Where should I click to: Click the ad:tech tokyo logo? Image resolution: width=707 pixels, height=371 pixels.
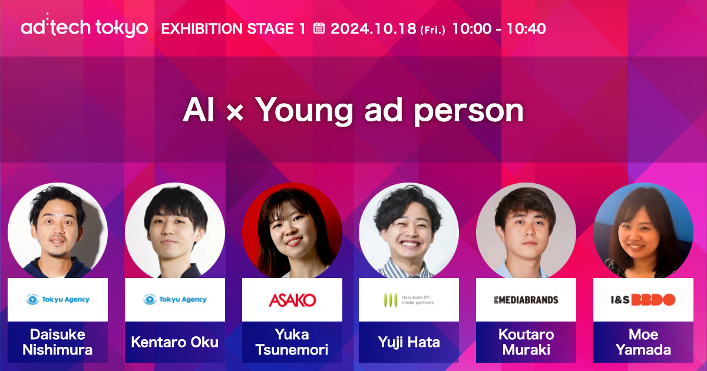click(x=84, y=28)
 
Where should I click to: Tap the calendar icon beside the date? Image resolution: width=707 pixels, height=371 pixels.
click(x=319, y=28)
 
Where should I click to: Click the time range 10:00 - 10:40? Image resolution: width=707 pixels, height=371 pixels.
click(x=498, y=28)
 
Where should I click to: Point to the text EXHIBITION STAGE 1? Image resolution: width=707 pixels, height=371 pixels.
click(x=233, y=28)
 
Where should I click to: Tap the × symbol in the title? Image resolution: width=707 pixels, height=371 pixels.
click(x=234, y=112)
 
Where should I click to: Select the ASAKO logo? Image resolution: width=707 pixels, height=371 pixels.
click(x=292, y=300)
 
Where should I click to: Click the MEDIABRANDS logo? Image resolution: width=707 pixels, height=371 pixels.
click(x=526, y=300)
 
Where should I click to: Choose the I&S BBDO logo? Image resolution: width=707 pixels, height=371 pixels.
click(x=643, y=300)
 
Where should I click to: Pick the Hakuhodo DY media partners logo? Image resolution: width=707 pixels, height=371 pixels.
click(x=409, y=300)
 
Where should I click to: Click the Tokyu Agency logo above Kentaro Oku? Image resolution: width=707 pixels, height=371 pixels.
click(x=175, y=300)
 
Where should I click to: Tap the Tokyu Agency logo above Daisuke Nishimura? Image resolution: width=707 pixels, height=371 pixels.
click(x=58, y=300)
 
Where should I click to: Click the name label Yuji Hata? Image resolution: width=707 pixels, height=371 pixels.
click(x=409, y=342)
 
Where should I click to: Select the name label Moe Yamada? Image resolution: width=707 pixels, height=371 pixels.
click(x=643, y=342)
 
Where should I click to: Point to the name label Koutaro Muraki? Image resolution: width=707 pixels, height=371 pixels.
click(x=526, y=342)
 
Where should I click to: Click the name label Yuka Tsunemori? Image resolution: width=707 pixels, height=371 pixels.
click(x=292, y=342)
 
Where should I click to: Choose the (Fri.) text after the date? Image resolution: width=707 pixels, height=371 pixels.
click(x=432, y=30)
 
